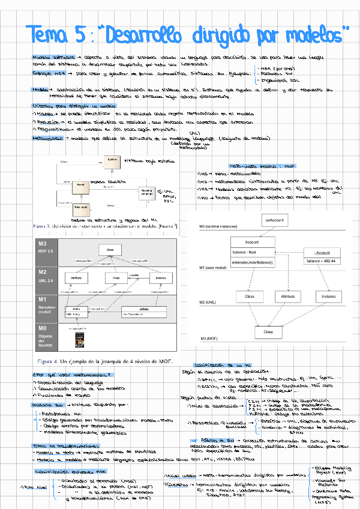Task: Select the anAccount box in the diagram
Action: click(274, 221)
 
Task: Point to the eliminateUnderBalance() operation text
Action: click(252, 262)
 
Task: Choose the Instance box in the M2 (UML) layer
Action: click(328, 297)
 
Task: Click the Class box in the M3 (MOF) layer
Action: click(268, 331)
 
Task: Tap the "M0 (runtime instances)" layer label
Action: click(219, 227)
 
